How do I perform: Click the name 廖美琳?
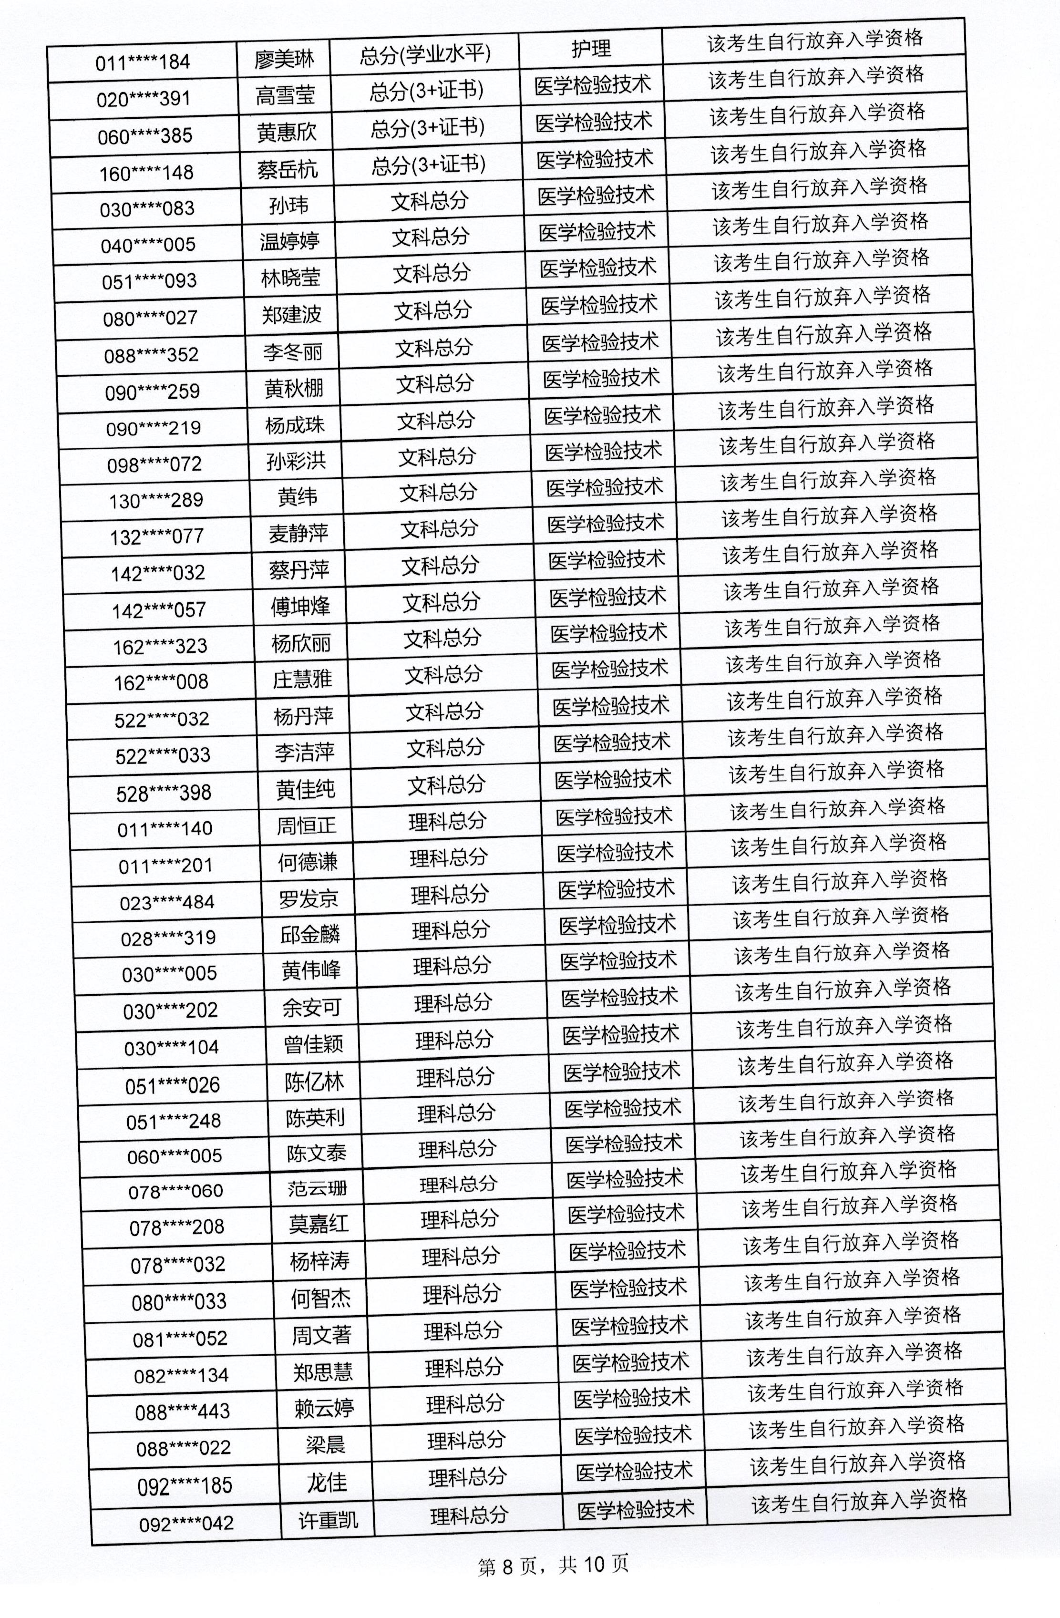point(284,59)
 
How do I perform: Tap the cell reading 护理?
point(591,49)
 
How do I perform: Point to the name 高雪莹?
point(286,96)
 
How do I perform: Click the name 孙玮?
point(289,206)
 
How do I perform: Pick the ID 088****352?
point(152,355)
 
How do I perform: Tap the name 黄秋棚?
point(294,388)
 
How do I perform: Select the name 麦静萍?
point(298,534)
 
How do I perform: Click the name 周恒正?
point(307,825)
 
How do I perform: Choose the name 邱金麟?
point(310,935)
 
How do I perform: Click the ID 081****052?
point(180,1339)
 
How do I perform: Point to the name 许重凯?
point(329,1519)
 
